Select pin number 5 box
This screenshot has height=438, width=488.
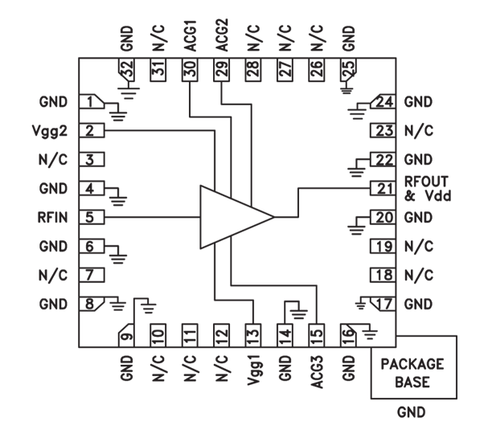click(92, 217)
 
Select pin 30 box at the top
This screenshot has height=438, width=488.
click(190, 71)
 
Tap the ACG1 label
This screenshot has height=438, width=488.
click(190, 37)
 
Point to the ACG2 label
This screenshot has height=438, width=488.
click(221, 37)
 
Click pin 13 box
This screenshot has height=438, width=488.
click(252, 332)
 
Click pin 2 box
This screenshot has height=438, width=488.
click(92, 131)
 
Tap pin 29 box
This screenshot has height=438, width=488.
click(221, 71)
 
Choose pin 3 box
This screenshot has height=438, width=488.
click(92, 160)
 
